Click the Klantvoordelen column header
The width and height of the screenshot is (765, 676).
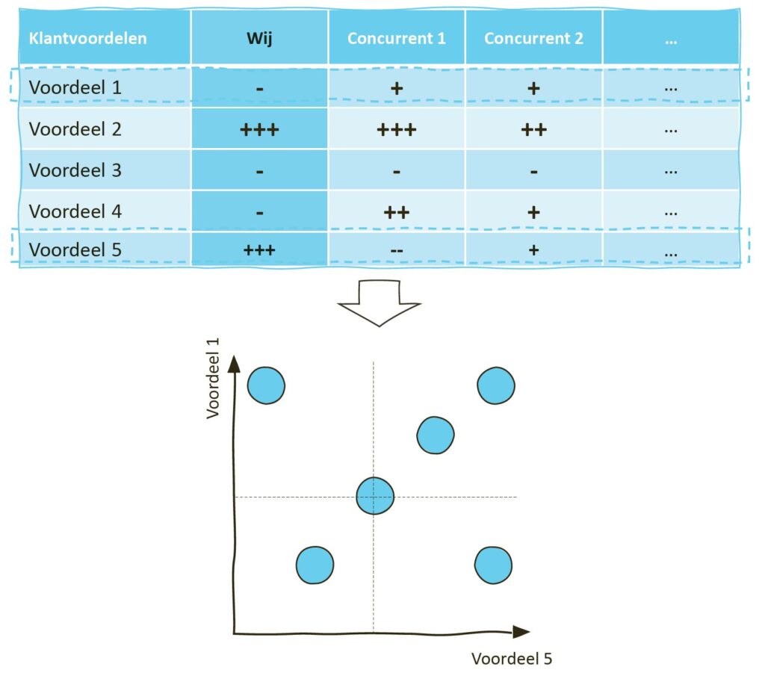click(87, 38)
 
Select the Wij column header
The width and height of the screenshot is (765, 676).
click(259, 38)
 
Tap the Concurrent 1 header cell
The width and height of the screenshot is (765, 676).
click(396, 38)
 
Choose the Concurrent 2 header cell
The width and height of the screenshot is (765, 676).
click(533, 38)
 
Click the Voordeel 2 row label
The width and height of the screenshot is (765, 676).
click(75, 129)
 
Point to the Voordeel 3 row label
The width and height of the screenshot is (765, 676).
click(75, 170)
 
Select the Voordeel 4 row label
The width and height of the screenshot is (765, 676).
click(75, 211)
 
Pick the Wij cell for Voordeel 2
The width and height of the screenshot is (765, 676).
click(259, 129)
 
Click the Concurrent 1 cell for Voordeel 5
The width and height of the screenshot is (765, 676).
click(396, 250)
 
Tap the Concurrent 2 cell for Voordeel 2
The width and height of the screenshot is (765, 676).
click(533, 129)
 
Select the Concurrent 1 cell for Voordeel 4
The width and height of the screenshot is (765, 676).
click(396, 211)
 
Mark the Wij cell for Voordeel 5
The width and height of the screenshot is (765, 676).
click(259, 250)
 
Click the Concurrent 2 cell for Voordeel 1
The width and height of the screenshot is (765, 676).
click(533, 87)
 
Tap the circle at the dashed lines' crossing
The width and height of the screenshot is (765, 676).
click(374, 495)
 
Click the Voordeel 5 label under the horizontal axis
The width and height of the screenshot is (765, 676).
click(512, 658)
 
